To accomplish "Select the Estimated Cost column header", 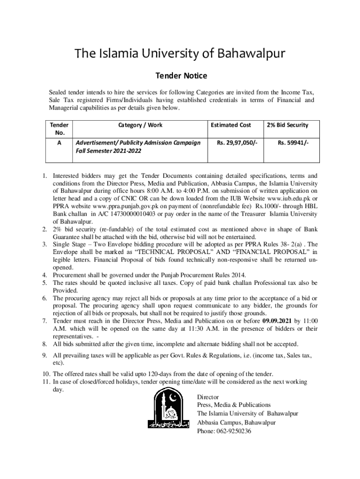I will tap(231, 125).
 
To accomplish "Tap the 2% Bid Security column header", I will tap(288, 125).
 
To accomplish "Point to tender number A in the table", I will tap(59, 143).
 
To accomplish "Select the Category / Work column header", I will tap(140, 125).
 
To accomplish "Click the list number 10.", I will tap(46, 374).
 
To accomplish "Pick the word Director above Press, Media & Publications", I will tap(208, 397).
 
